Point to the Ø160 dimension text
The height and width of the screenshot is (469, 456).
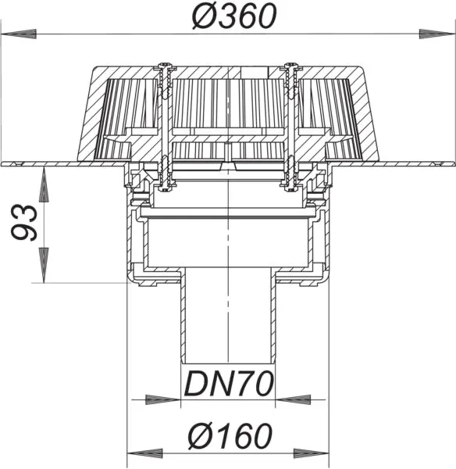coord(228,435)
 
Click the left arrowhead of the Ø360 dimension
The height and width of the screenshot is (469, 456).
coord(20,34)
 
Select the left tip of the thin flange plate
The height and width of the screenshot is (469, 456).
coord(4,163)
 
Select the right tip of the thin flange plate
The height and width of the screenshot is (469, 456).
coord(452,163)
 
